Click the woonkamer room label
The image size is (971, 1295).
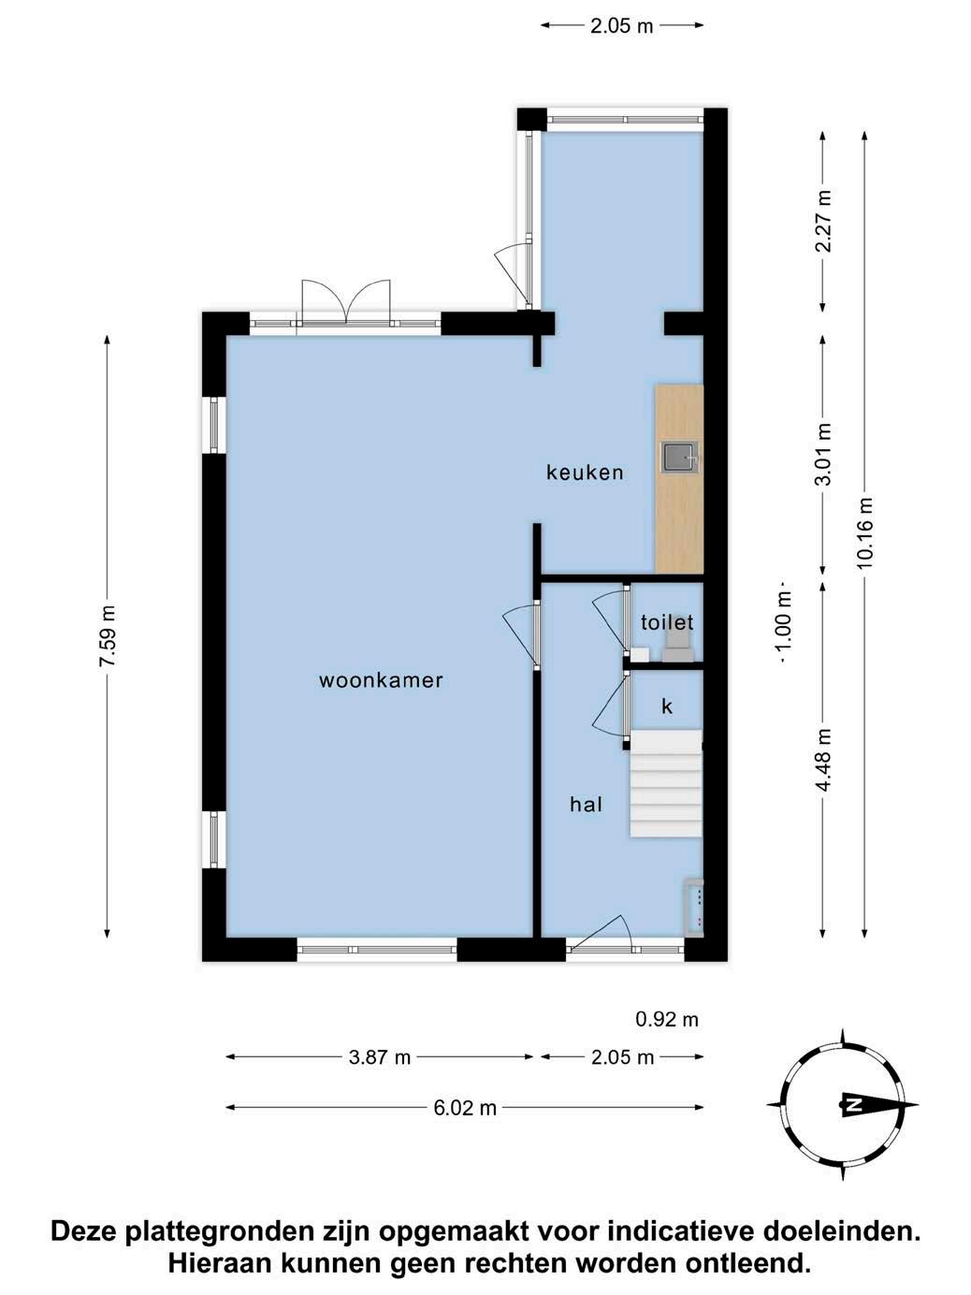(x=381, y=680)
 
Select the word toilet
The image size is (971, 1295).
(x=667, y=622)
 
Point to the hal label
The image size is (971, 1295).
(x=586, y=804)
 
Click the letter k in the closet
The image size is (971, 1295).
(x=667, y=706)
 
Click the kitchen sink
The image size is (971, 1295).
(x=681, y=458)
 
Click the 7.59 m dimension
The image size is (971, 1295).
(x=108, y=636)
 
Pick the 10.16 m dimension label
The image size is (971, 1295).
(x=865, y=533)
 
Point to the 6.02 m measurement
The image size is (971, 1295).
(x=465, y=1109)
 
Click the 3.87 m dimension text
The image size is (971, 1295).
(x=379, y=1057)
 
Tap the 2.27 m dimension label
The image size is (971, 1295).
(x=823, y=221)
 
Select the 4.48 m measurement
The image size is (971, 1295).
(x=823, y=760)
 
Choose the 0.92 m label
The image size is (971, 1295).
(x=667, y=1019)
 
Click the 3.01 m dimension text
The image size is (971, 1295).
(x=823, y=455)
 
